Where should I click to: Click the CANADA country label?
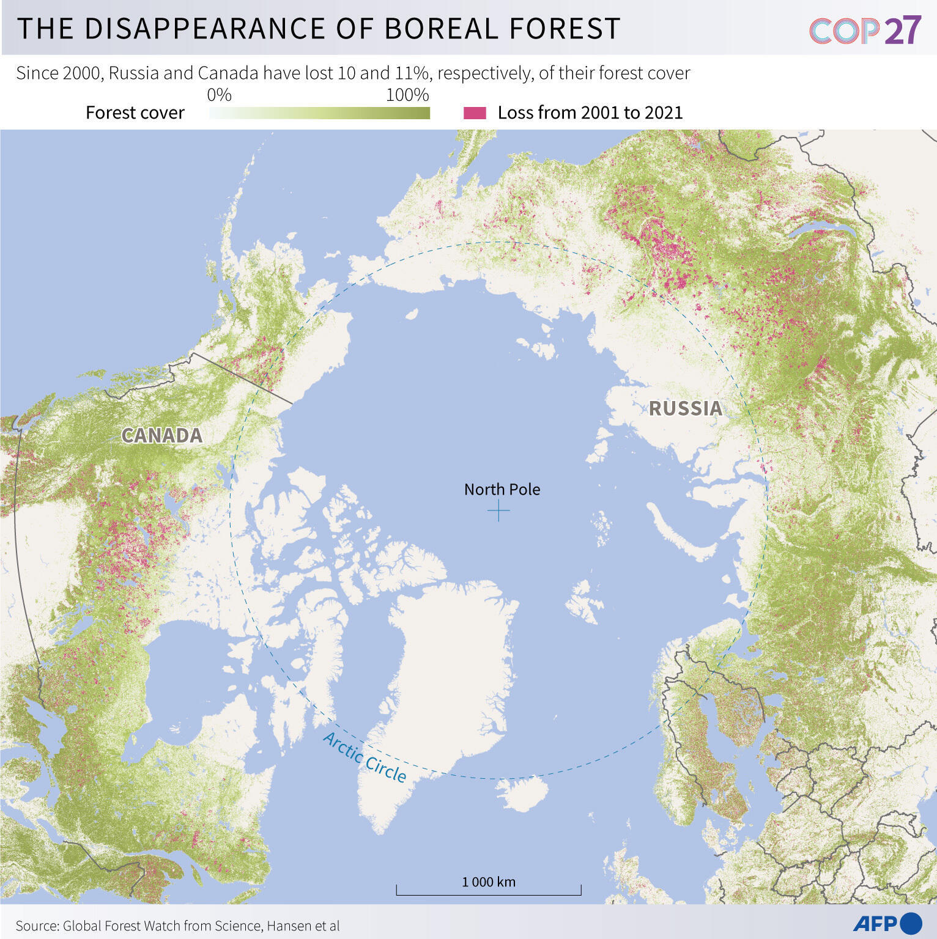click(x=161, y=435)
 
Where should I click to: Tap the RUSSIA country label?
click(x=685, y=408)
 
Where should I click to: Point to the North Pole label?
click(x=502, y=489)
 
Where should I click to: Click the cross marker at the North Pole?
click(x=499, y=510)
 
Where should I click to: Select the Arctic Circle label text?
click(x=365, y=757)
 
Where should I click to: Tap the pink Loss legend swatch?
click(x=475, y=112)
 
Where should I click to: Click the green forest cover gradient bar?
click(x=319, y=113)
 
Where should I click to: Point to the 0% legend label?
click(x=219, y=95)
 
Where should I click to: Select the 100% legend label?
click(x=407, y=95)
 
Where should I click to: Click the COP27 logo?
click(x=865, y=30)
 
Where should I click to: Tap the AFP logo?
click(x=887, y=923)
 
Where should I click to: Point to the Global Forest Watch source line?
click(x=177, y=926)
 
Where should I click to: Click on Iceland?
click(x=523, y=794)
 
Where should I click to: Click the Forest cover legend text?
click(x=135, y=112)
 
